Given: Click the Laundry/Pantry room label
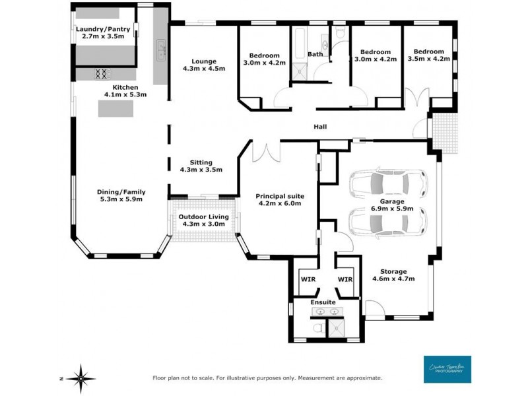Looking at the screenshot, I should point(103,33).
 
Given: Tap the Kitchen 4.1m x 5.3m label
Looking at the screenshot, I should point(125,91).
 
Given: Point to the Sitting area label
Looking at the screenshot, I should point(201,166).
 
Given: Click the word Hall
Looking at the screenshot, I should point(319,127).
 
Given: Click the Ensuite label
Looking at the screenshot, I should point(323,302).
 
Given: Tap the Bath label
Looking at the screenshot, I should point(315,54).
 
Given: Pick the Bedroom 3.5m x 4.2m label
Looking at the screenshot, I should point(431,55).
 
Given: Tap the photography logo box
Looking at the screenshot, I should point(448,370).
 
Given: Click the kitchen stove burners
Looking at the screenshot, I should point(102,74).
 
